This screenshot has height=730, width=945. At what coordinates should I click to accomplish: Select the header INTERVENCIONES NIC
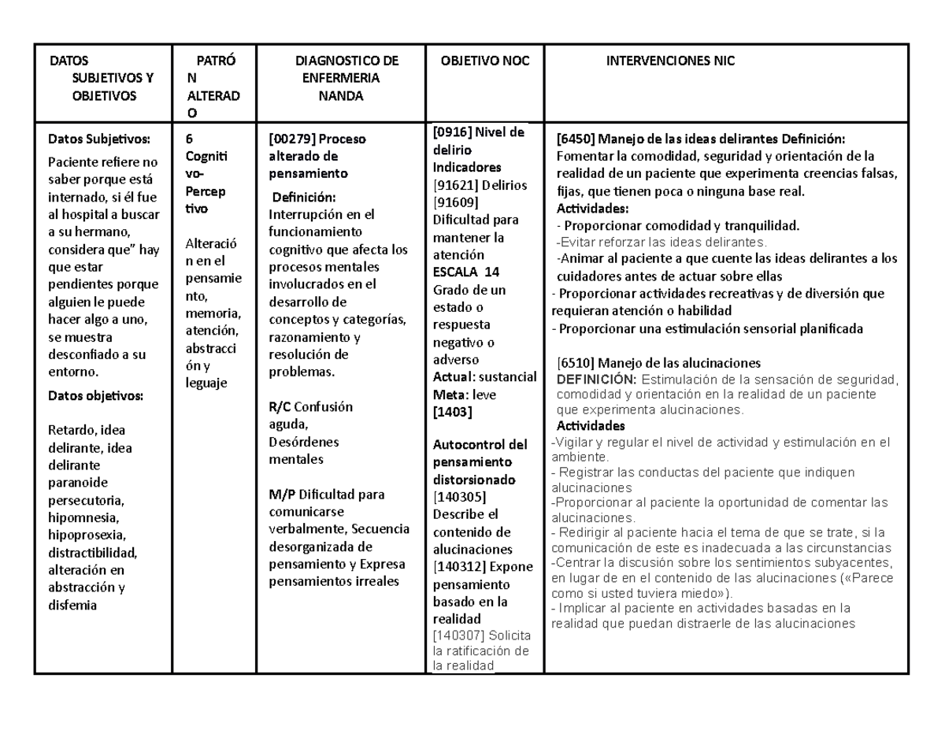pyautogui.click(x=669, y=61)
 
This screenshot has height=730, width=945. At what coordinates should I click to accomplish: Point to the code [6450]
pyautogui.click(x=576, y=139)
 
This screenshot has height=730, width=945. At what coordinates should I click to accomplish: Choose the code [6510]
pyautogui.click(x=576, y=363)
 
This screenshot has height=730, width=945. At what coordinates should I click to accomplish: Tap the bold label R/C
pyautogui.click(x=280, y=407)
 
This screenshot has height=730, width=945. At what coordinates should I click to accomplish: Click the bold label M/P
pyautogui.click(x=281, y=495)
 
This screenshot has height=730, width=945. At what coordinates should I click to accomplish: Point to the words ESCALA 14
pyautogui.click(x=466, y=272)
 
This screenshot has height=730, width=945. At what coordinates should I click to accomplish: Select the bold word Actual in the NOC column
pyautogui.click(x=450, y=377)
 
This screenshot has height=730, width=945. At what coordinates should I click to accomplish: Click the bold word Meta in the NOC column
pyautogui.click(x=447, y=395)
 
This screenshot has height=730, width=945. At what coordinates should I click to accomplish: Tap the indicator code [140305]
pyautogui.click(x=460, y=497)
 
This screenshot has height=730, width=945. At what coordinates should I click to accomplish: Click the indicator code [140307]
pyautogui.click(x=460, y=636)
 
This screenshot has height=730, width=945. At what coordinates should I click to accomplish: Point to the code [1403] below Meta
pyautogui.click(x=450, y=412)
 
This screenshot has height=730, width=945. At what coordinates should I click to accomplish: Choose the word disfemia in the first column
pyautogui.click(x=72, y=605)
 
